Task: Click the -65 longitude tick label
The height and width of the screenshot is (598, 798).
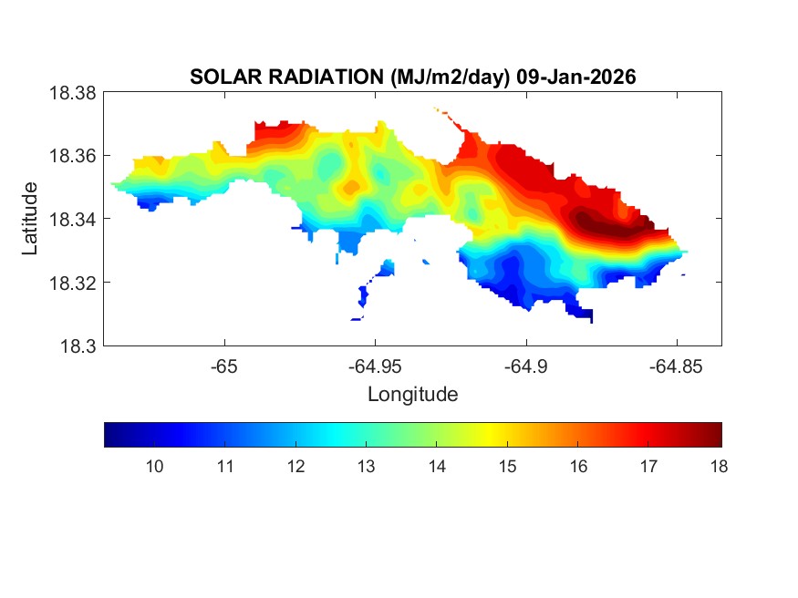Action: pyautogui.click(x=224, y=366)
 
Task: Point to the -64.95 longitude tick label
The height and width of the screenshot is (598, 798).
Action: pyautogui.click(x=375, y=366)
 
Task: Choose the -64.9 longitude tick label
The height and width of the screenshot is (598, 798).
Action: pyautogui.click(x=525, y=366)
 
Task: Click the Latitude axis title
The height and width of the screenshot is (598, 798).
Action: pyautogui.click(x=31, y=219)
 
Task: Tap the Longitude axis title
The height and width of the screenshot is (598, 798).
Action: pyautogui.click(x=412, y=395)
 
